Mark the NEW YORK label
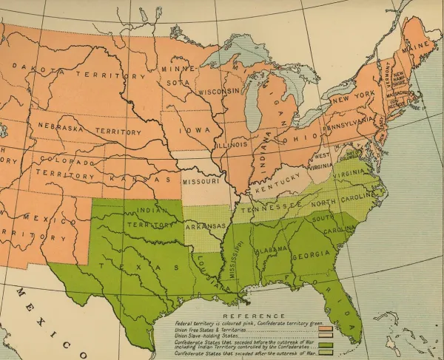(x=352, y=99)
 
